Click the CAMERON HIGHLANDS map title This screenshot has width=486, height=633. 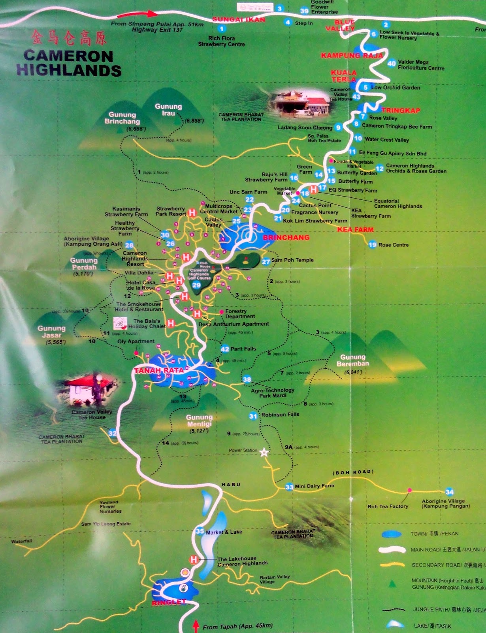tap(68, 63)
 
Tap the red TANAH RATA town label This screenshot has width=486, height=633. tap(159, 370)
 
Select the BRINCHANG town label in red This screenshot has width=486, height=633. tap(286, 237)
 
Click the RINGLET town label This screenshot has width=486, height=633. tap(169, 602)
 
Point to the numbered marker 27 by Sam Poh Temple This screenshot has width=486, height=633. tap(266, 262)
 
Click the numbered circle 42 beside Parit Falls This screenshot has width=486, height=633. tap(225, 349)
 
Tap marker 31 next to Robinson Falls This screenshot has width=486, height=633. tap(253, 416)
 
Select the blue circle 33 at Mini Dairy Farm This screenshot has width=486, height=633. tap(289, 487)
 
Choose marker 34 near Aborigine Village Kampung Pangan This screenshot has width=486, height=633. tap(449, 492)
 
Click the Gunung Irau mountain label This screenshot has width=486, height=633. tap(168, 110)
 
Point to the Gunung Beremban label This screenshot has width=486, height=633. tap(353, 360)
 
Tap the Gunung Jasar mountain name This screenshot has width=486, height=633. tap(52, 332)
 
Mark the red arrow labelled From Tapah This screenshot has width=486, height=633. tap(196, 626)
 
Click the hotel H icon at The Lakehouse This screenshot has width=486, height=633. tap(194, 559)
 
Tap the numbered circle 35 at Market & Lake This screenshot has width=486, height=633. tap(200, 531)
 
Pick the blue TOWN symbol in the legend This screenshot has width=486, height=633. tap(392, 534)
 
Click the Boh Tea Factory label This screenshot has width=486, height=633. tap(388, 506)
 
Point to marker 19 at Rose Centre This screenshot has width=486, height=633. tap(372, 244)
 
